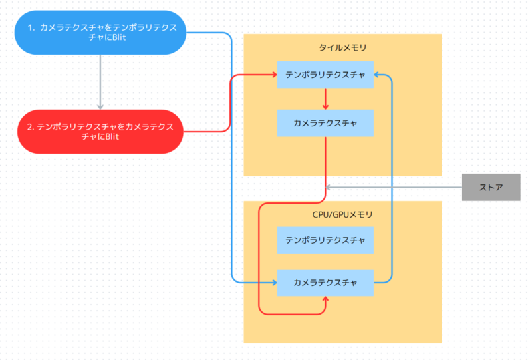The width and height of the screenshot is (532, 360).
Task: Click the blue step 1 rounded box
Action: click(100, 32)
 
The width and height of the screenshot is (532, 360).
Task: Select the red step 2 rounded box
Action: click(100, 132)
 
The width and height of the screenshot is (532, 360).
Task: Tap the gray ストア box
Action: click(491, 187)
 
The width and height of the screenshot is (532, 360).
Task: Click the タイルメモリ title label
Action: click(342, 48)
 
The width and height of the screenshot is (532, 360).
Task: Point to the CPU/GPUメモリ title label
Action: click(342, 215)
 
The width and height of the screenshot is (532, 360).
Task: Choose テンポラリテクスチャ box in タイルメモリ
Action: click(325, 75)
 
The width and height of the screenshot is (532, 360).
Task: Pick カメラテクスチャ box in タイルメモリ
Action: click(325, 123)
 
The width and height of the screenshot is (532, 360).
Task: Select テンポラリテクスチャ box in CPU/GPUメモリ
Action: click(325, 240)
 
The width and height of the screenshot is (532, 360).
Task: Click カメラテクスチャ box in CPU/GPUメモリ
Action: click(325, 283)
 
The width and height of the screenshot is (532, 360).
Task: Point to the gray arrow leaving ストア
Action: click(392, 187)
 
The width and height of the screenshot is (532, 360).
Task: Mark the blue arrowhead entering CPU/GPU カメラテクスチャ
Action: click(273, 283)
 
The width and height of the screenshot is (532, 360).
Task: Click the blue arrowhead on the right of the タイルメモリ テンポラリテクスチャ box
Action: click(378, 75)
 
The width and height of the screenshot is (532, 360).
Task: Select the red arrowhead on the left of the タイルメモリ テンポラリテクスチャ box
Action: click(273, 75)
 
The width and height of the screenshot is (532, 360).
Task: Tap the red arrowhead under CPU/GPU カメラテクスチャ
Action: click(325, 301)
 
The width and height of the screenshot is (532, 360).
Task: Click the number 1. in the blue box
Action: click(31, 27)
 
